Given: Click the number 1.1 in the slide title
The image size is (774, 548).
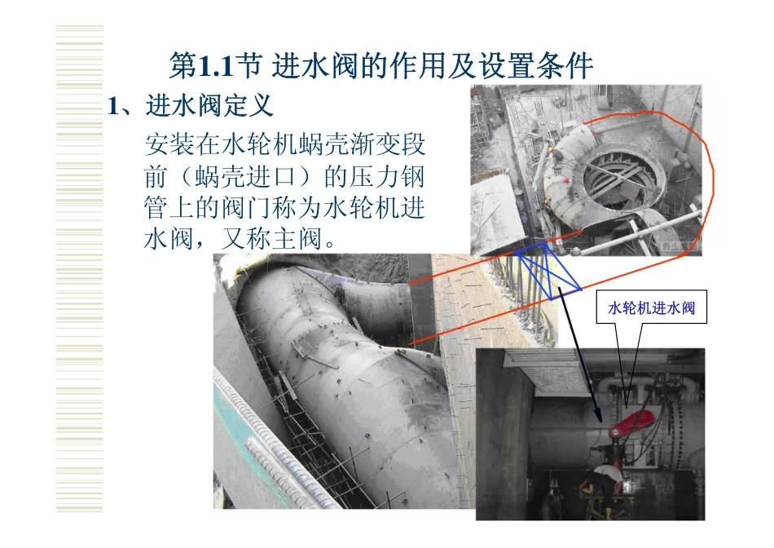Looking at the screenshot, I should click(x=218, y=65).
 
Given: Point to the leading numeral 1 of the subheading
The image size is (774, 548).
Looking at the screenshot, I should click(x=115, y=107).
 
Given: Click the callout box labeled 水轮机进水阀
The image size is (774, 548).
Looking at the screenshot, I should click(x=652, y=309).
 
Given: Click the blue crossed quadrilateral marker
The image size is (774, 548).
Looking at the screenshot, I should click(x=548, y=272).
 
